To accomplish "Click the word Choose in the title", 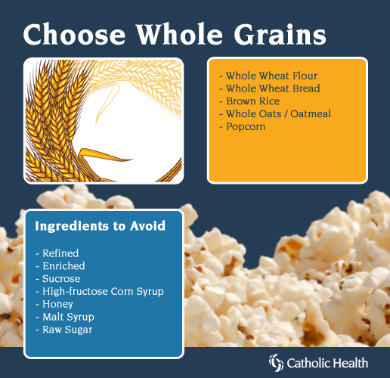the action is coord(74,34).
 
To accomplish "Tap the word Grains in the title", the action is coord(280,34).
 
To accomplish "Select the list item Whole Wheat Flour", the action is coord(271,76).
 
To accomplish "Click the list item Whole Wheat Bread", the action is coord(273,88).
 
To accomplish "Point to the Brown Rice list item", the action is coord(253,101).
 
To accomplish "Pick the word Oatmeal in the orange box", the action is coord(311,113).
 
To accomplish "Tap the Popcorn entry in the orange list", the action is coord(246,126).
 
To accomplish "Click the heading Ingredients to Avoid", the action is coord(101,226).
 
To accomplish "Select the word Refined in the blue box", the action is coord(60,253).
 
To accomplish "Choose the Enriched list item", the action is coord(63,266).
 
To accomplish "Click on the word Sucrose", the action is coord(61,278).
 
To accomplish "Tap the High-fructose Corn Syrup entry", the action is coord(103,291).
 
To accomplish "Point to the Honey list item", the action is coord(57,304).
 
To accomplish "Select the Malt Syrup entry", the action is coord(68,317).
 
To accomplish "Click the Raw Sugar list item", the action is coord(67,330).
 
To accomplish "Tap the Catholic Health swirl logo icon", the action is coord(277,363).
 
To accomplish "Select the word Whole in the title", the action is coord(179,34).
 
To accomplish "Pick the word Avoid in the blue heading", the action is coord(147,226).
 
